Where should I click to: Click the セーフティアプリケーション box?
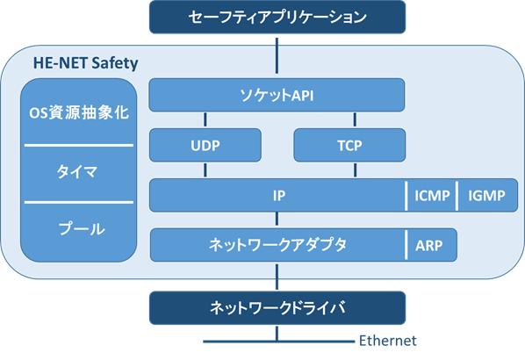pos(277,17)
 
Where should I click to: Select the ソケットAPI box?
pos(277,95)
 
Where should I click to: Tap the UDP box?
pos(205,146)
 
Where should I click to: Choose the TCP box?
pos(349,146)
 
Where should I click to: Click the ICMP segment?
pos(432,196)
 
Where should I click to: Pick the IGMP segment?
pos(487,196)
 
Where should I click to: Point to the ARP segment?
pos(432,245)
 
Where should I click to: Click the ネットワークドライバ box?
pos(277,308)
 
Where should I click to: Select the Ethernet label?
pos(388,341)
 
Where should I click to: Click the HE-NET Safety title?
pos(86,63)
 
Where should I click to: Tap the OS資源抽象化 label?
pos(79,112)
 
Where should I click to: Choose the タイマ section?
pos(79,174)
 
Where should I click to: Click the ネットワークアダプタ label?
pos(277,245)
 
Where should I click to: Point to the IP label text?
pos(279,196)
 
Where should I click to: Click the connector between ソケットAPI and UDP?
pos(205,120)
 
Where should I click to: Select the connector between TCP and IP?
pos(355,170)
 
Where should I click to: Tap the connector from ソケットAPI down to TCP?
pos(355,120)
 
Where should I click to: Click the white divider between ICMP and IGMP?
pos(457,196)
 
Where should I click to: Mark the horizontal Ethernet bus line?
pos(278,342)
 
